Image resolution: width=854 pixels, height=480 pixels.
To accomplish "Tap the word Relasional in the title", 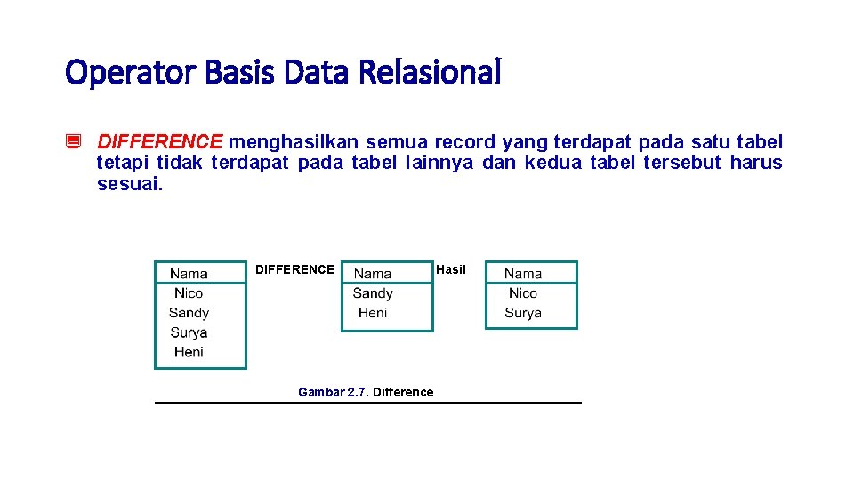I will (430, 72).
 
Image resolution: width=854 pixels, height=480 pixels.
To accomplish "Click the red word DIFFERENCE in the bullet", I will (160, 142).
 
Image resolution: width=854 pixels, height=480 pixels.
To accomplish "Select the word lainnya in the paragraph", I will (440, 163).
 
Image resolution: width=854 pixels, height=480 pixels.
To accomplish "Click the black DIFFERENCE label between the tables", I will (294, 269).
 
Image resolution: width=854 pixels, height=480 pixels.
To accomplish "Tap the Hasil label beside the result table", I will (451, 269).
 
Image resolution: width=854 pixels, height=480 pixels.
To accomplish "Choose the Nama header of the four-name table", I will (189, 274).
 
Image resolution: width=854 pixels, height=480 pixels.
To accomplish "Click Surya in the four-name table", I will (189, 332).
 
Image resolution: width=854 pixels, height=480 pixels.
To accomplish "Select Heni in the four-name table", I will (189, 352).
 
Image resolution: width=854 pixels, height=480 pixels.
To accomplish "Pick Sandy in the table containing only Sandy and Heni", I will (373, 293).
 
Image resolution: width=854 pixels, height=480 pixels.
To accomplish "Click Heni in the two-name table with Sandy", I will (373, 313).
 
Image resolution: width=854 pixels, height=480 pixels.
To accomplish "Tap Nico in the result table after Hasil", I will (523, 293).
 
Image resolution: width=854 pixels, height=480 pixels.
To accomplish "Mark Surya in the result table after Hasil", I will (523, 313).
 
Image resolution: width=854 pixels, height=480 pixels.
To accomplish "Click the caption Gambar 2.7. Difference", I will (366, 392).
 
